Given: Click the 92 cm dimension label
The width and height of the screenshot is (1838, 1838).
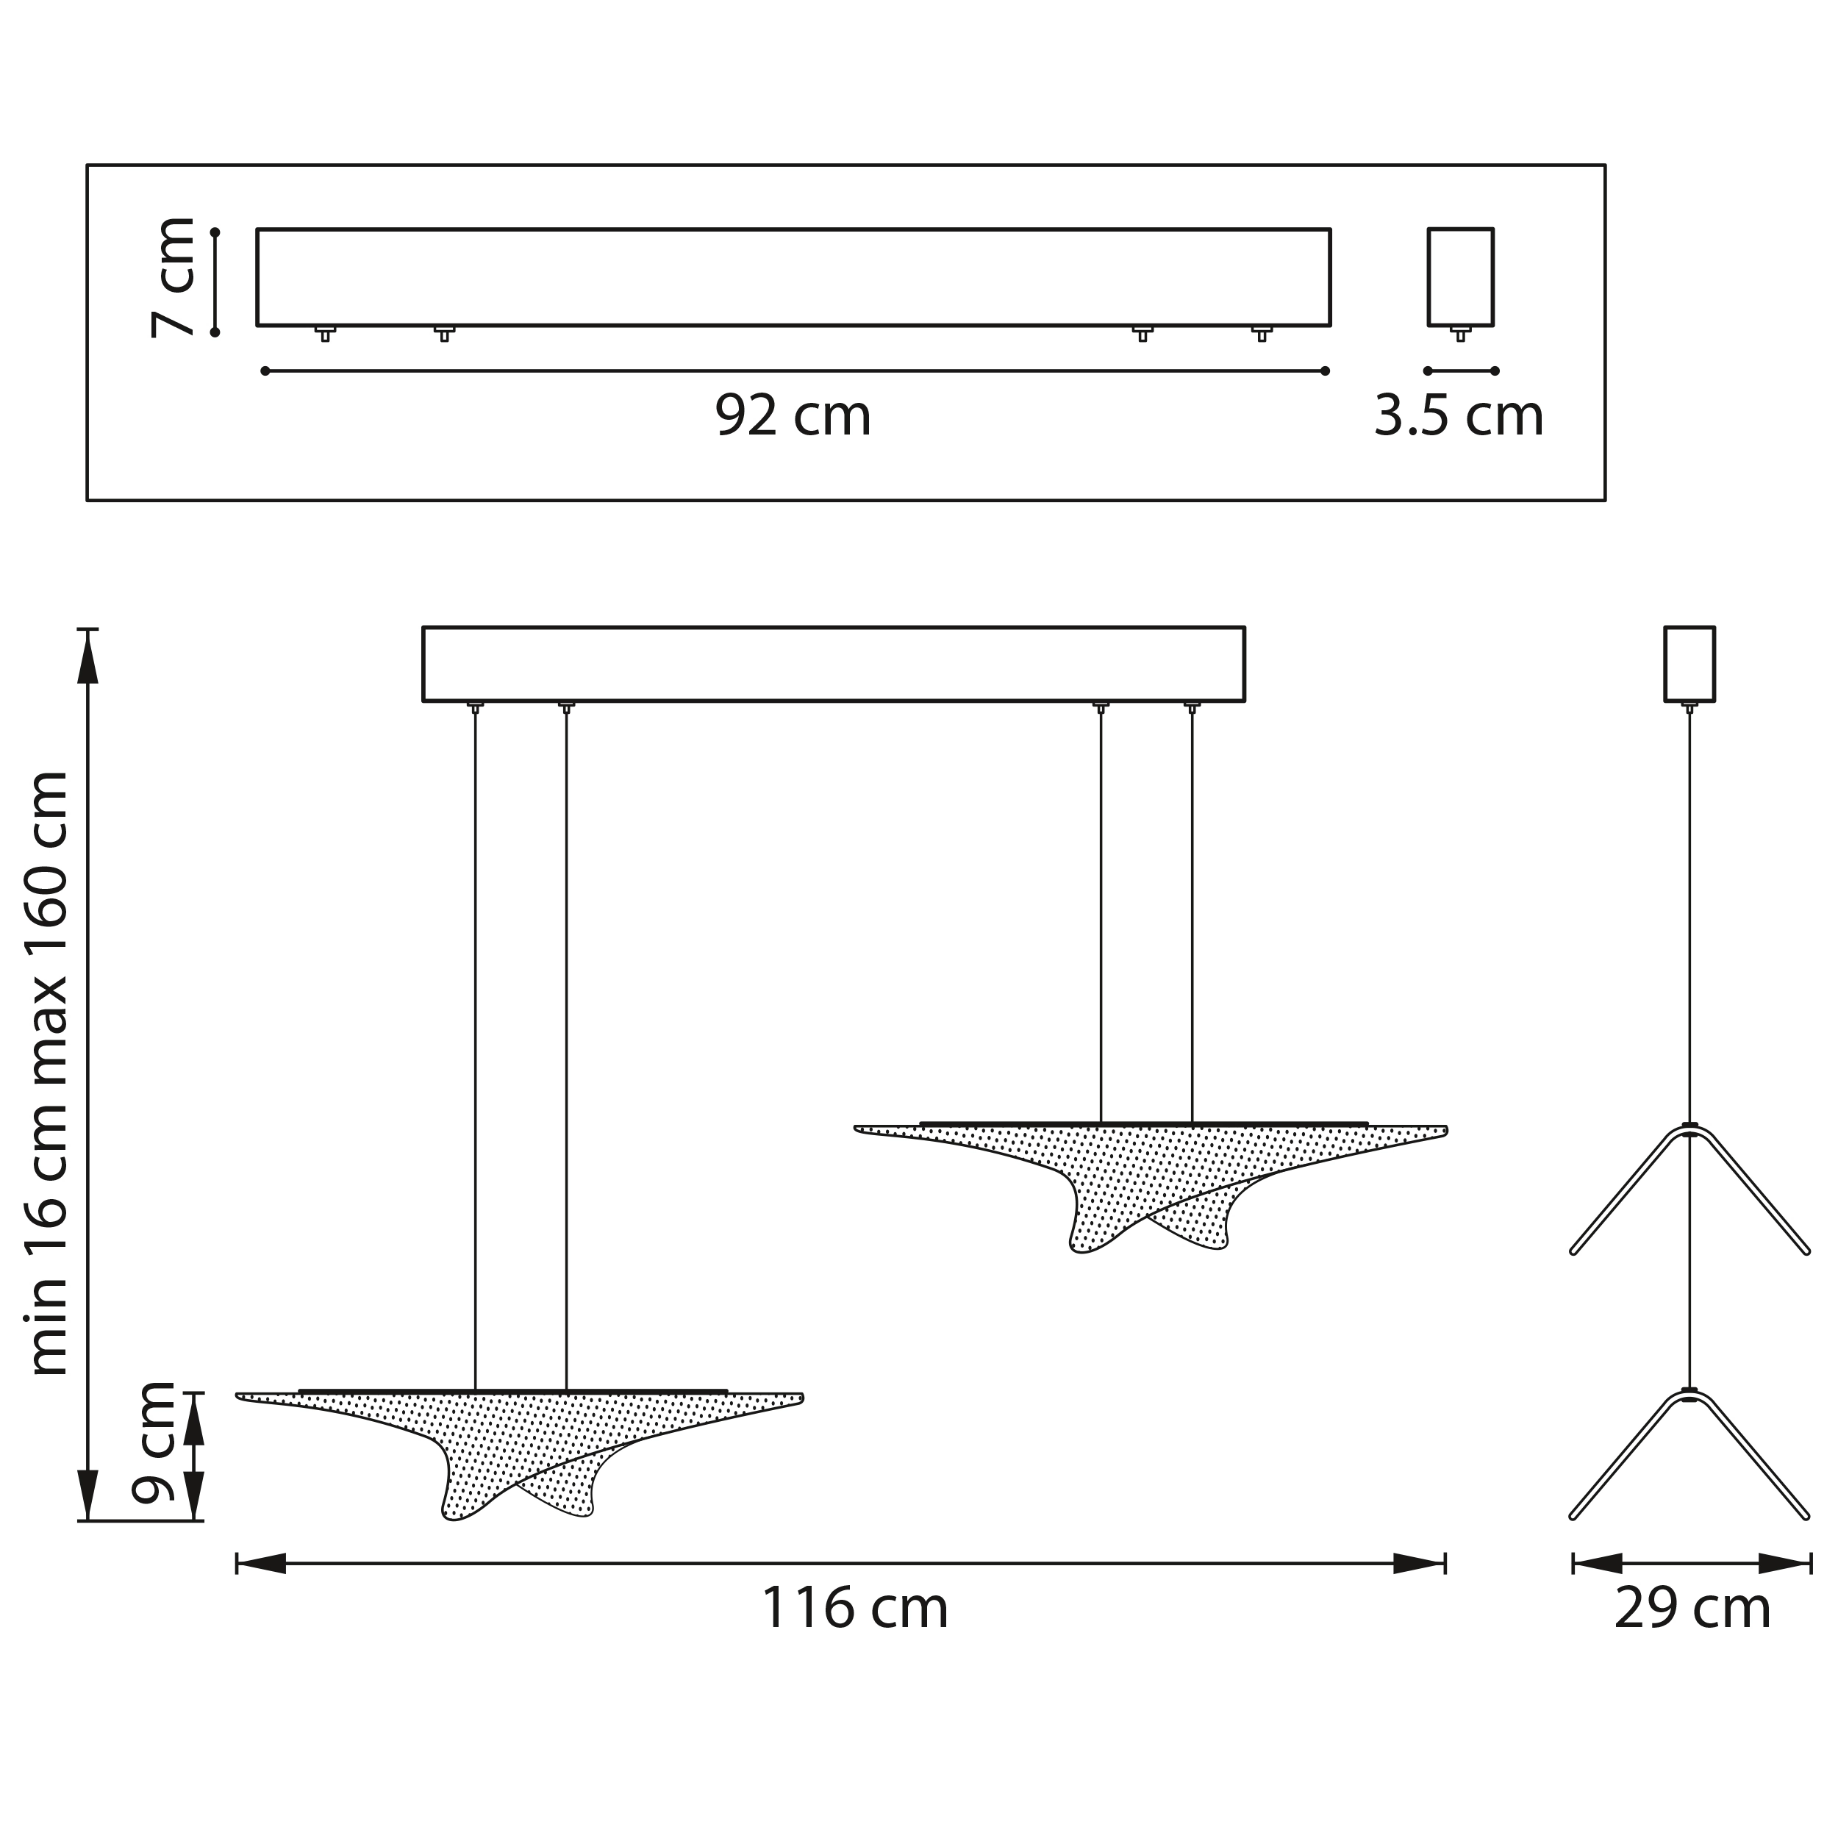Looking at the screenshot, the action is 793,415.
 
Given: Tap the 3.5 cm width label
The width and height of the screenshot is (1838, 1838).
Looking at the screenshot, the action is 1459,415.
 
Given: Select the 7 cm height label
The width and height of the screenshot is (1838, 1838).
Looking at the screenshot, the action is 174,278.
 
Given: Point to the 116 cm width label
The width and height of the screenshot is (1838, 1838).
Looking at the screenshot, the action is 854,1608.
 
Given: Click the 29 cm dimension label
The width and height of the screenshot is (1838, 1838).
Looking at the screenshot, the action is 1692,1608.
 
